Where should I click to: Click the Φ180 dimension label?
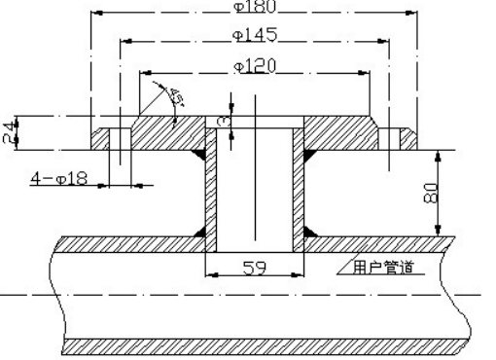(255, 6)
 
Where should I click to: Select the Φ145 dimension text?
(255, 35)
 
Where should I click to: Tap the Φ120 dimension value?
(255, 66)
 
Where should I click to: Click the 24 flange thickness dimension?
(9, 132)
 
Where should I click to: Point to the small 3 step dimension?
(223, 120)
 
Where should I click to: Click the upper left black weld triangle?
(199, 156)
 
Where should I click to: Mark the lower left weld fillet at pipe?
(199, 231)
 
